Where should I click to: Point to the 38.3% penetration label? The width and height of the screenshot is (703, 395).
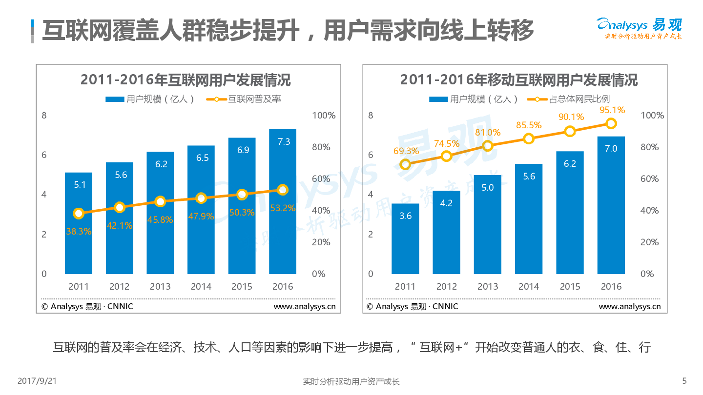[79, 232]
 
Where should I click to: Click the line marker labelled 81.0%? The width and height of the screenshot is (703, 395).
[487, 146]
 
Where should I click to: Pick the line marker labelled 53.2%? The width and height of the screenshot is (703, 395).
[283, 190]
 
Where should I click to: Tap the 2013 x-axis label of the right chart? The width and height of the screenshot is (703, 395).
[487, 287]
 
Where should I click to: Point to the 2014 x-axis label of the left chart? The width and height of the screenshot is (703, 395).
[201, 287]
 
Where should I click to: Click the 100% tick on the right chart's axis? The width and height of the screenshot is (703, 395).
[652, 116]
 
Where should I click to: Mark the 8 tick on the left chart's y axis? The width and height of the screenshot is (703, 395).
[44, 116]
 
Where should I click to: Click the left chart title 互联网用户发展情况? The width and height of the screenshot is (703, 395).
[186, 80]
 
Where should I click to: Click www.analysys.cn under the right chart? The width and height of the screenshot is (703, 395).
[629, 307]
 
